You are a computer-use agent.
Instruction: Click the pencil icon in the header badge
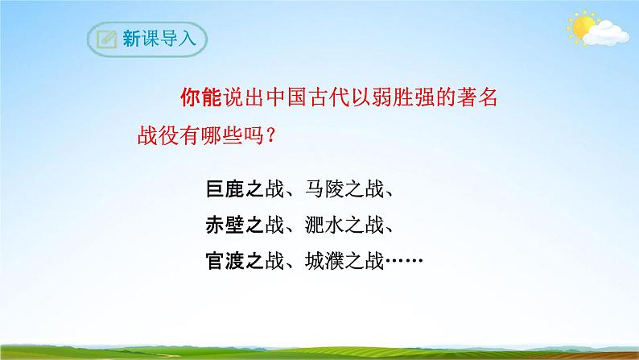(x=105, y=39)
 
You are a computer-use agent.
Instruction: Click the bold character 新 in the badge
(x=132, y=39)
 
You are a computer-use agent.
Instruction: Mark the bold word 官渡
(x=221, y=262)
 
